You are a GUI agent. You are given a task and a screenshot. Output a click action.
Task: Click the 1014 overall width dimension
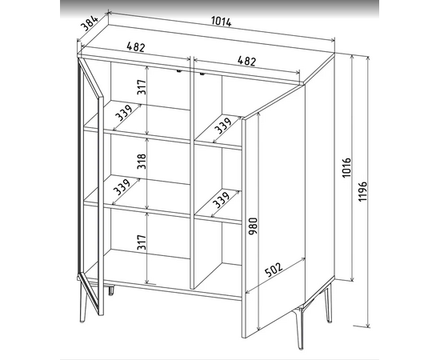click(x=221, y=22)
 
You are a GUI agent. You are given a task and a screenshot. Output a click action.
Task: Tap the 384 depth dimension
click(x=90, y=23)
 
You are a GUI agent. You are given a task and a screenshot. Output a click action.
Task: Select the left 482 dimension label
click(x=136, y=47)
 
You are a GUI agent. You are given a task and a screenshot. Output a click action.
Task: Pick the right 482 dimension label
click(x=246, y=61)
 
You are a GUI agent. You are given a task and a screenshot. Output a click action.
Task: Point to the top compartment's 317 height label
click(x=142, y=87)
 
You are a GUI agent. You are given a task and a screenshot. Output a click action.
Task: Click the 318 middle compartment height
click(x=142, y=162)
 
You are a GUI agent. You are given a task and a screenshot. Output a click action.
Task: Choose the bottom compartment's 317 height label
click(x=142, y=242)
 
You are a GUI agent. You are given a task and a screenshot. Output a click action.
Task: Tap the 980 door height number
click(x=253, y=226)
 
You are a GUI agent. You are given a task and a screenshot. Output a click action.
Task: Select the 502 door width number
click(x=273, y=270)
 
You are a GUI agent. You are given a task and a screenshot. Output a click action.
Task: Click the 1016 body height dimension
click(x=347, y=167)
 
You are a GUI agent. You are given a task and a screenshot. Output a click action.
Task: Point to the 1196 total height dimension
click(x=363, y=191)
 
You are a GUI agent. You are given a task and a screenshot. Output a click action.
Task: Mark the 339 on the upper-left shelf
click(x=124, y=113)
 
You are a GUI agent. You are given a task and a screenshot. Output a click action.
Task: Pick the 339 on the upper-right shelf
click(x=222, y=125)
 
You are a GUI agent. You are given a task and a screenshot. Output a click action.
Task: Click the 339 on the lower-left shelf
click(x=122, y=186)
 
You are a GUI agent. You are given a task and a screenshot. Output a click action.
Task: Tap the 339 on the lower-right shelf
click(x=221, y=199)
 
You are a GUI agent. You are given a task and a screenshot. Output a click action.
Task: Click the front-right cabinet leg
click(x=298, y=328)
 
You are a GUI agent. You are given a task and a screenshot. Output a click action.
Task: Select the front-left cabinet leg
click(x=82, y=301)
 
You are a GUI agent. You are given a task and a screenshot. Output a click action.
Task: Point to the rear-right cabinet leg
click(x=328, y=304)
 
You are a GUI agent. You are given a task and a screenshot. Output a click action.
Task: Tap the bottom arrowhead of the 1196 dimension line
click(x=368, y=325)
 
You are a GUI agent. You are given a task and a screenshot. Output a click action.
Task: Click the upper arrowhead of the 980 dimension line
click(x=258, y=116)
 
